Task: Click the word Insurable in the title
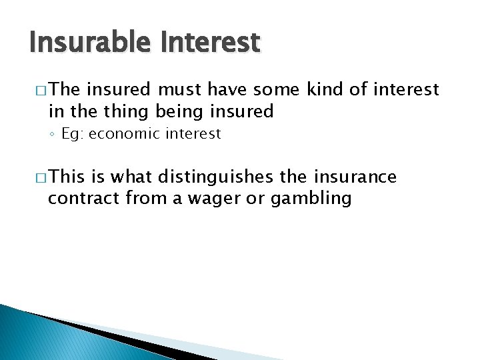coord(81,43)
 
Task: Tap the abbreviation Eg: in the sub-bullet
coord(72,133)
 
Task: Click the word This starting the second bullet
coord(67,177)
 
